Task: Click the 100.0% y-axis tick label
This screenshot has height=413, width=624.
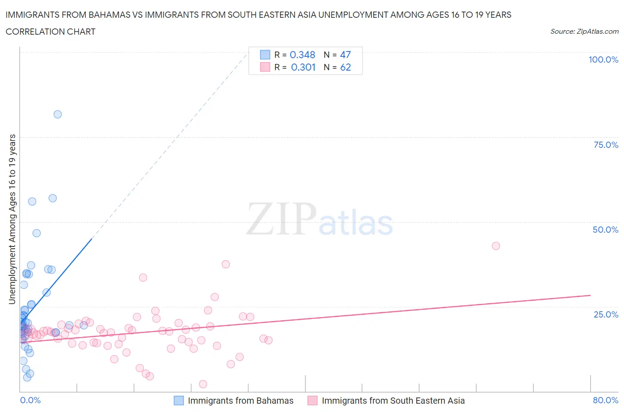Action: pos(603,60)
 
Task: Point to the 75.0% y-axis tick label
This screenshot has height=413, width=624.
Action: pos(606,145)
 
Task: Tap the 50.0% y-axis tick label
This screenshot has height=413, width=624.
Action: pos(605,230)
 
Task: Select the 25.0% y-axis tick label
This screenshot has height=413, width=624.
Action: pos(606,314)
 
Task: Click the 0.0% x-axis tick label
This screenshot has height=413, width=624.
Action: pos(30,400)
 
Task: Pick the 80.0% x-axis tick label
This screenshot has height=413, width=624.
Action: pos(605,400)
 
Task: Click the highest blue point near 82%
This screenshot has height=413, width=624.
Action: pos(58,114)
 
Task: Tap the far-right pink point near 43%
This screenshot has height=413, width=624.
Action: pos(496,246)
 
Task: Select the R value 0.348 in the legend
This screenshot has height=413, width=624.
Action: pos(302,55)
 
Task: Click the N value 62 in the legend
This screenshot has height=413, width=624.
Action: pos(345,67)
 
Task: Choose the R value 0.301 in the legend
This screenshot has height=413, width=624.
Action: pos(303,67)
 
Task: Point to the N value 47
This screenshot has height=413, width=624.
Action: pos(345,55)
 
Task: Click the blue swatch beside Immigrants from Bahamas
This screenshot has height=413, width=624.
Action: pos(178,401)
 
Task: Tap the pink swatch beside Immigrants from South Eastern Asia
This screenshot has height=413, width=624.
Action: pos(312,401)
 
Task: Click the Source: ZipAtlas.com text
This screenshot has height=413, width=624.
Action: pos(584,32)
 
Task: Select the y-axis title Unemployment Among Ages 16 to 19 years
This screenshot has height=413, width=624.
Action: pos(12,219)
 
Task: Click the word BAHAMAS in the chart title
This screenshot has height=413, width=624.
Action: pos(109,15)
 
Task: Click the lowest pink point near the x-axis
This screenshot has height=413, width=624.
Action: pos(203,384)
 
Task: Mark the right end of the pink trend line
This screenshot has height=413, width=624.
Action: pos(590,295)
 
